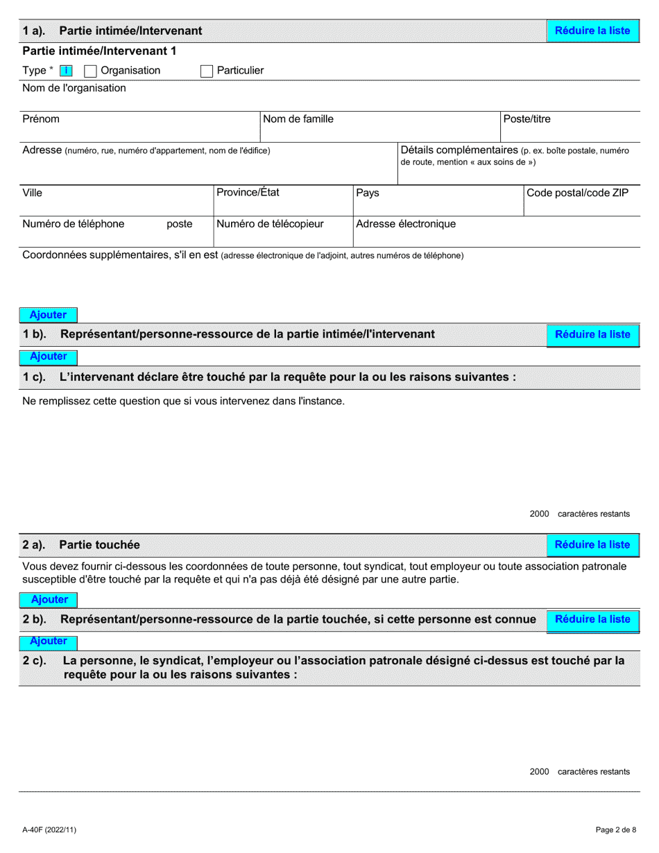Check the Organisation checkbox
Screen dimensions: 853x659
[x=89, y=71]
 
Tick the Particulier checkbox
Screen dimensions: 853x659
[x=206, y=71]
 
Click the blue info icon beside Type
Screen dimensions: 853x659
[x=66, y=71]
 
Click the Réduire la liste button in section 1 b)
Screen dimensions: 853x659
[x=592, y=334]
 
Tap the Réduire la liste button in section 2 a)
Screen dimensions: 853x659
[x=592, y=545]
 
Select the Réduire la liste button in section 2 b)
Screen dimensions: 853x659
[x=592, y=619]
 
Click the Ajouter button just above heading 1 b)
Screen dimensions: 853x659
[x=48, y=315]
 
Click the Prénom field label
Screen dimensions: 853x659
[x=41, y=119]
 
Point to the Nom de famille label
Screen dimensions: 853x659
[x=298, y=119]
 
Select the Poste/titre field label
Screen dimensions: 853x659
[x=527, y=119]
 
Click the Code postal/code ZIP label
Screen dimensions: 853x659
[x=577, y=193]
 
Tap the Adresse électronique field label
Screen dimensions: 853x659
[x=406, y=224]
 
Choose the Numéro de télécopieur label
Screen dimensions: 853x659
[x=270, y=224]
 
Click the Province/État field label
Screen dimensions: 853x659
[x=248, y=192]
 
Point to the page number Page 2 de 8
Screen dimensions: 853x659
[x=615, y=829]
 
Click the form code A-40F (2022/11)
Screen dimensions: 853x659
[x=51, y=829]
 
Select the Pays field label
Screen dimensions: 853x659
[x=368, y=193]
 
